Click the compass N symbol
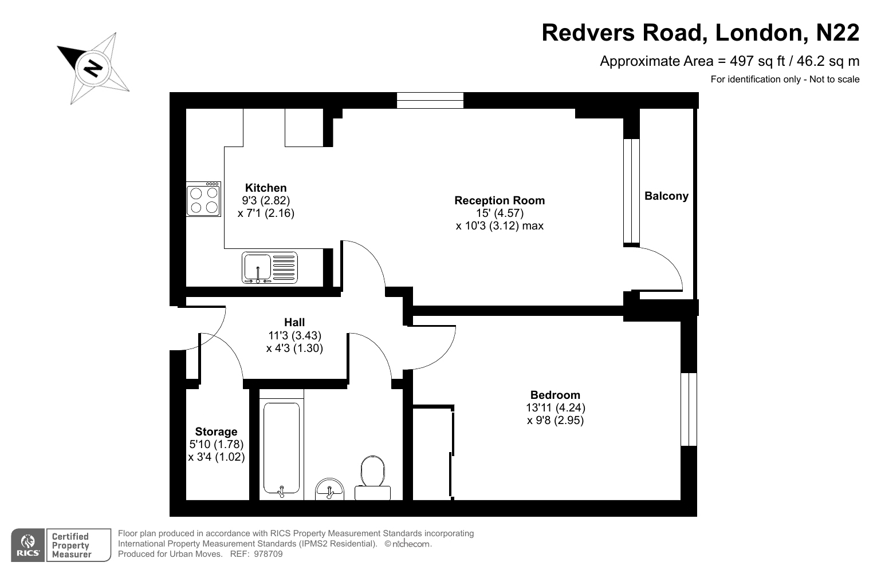click(93, 68)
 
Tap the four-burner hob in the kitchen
click(203, 199)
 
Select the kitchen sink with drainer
click(269, 267)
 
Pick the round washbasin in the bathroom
click(330, 489)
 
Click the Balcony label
click(666, 196)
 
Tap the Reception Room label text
click(500, 200)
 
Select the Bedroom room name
click(555, 395)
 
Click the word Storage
click(216, 431)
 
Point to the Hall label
click(294, 322)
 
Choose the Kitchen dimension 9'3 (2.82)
click(266, 200)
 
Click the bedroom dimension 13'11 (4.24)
click(556, 407)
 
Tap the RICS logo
click(27, 545)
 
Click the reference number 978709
click(268, 554)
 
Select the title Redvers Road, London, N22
click(701, 33)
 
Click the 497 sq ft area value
click(757, 61)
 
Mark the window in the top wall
click(430, 100)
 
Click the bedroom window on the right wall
click(689, 409)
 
